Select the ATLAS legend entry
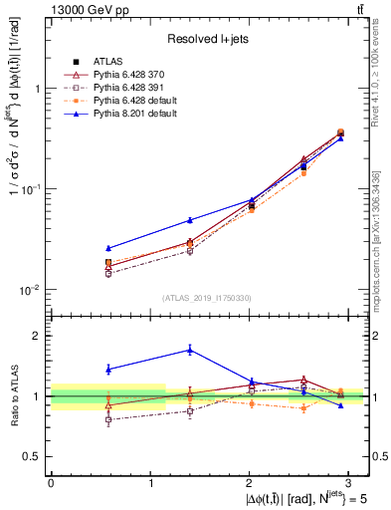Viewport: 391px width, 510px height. (x=121, y=62)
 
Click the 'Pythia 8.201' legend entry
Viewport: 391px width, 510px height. (x=123, y=115)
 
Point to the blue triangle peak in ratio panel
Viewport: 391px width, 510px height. (x=190, y=350)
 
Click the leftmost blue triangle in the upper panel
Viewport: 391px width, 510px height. (x=108, y=248)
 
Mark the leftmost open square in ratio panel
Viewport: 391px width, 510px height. (x=108, y=419)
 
